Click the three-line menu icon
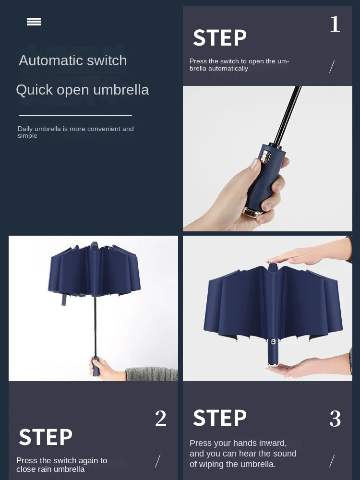34,22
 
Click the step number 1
335,24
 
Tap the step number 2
161,419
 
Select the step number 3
335,419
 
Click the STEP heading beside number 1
220,38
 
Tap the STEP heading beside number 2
46,437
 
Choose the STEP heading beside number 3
220,418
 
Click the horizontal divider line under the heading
75,115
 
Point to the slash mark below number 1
332,67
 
